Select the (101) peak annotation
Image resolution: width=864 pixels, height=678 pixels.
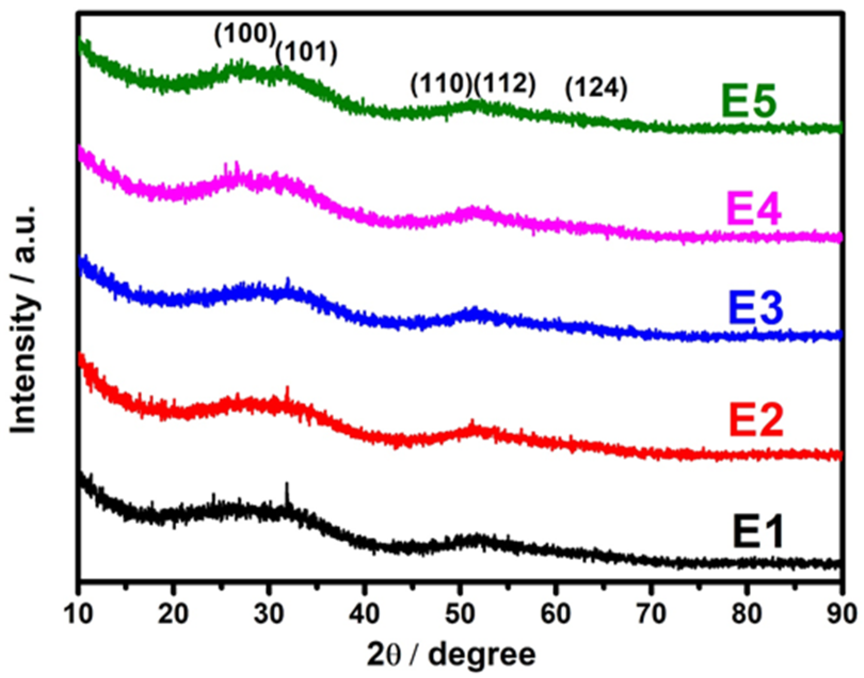[x=306, y=53]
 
